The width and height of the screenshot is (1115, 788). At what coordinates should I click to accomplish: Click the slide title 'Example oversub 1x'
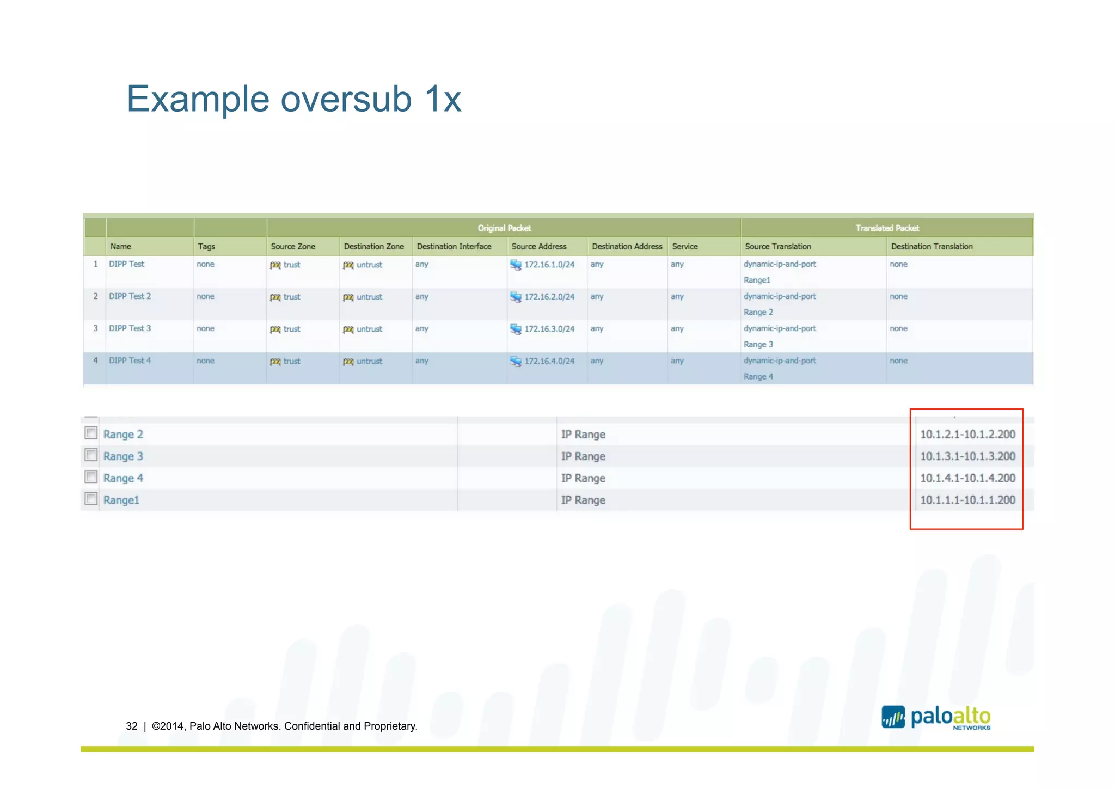pos(294,99)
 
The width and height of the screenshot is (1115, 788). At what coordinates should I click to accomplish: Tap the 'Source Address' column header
pos(538,246)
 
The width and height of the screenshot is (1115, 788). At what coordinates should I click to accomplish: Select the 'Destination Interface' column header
pos(454,246)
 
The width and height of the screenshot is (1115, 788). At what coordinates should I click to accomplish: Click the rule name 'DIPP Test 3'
pos(130,328)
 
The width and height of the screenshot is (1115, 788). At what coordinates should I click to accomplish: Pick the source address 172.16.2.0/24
pos(549,297)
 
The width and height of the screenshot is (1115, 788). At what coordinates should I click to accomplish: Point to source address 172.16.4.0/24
pos(549,361)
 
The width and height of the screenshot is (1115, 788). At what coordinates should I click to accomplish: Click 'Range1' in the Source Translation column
pos(757,280)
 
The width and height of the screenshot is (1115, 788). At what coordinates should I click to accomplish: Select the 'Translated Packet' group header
pos(887,228)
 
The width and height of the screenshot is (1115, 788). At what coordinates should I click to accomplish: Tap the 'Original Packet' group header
pos(504,228)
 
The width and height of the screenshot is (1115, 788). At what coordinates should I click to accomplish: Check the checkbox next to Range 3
pos(91,455)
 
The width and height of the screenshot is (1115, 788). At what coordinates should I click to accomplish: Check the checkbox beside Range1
pos(91,499)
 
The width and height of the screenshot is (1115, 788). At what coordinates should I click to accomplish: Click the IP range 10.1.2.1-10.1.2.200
pos(967,435)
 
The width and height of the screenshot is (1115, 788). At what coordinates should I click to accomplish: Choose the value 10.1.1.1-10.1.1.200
pos(967,500)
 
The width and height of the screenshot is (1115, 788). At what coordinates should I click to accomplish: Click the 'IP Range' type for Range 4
pos(583,478)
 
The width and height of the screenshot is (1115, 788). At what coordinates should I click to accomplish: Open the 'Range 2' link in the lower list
pos(123,435)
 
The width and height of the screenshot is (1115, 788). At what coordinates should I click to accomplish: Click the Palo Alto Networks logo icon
pos(893,717)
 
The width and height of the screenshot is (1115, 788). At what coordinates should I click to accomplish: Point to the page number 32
pos(132,726)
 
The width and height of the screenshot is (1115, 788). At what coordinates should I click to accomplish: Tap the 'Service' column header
pos(684,246)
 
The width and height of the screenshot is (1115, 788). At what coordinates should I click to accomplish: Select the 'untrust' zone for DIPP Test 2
pos(369,297)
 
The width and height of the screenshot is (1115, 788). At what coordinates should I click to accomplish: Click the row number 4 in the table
pos(95,361)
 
